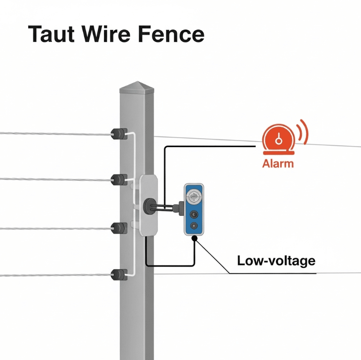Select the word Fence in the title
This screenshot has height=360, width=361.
(172, 35)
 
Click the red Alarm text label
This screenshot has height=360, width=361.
(278, 164)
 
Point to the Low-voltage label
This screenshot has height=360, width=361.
(276, 260)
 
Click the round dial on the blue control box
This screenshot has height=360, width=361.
(194, 194)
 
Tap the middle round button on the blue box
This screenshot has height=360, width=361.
(194, 213)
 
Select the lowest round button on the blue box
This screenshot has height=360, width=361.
(194, 226)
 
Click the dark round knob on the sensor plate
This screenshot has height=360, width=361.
(149, 205)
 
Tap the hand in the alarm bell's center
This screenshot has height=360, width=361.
(278, 139)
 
